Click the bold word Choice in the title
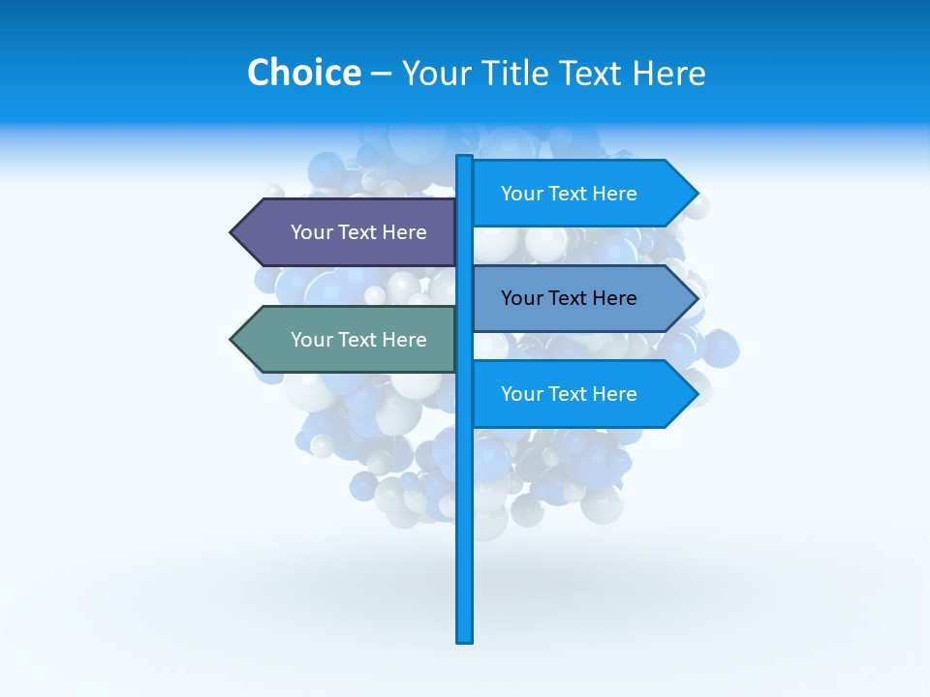click(303, 73)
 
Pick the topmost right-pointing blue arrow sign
click(572, 194)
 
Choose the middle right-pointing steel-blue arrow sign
click(572, 298)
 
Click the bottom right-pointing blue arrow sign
click(572, 394)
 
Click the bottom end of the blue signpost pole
click(465, 639)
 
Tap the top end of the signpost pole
click(465, 158)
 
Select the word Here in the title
click(668, 73)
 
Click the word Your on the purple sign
click(312, 232)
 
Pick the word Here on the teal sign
click(405, 340)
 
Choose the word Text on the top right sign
click(569, 194)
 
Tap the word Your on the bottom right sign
click(522, 394)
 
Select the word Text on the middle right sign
click(569, 298)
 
